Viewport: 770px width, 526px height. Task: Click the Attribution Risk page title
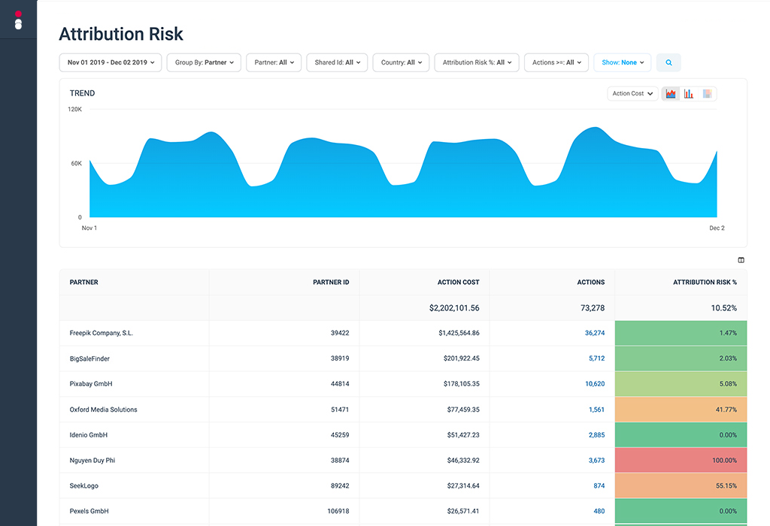[121, 34]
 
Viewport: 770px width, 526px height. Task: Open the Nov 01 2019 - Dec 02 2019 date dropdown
[111, 62]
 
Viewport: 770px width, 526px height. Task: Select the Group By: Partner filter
[204, 62]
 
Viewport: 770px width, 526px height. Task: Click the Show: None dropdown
[623, 62]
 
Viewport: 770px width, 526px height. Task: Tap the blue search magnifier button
[668, 62]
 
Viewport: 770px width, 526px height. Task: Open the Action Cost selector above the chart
[632, 94]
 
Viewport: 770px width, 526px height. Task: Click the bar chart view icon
[689, 94]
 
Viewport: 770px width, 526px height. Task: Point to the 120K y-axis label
[74, 110]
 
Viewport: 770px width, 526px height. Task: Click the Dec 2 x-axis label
[717, 228]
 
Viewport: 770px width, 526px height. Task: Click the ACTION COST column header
[458, 283]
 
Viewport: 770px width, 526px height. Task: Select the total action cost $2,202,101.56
[454, 308]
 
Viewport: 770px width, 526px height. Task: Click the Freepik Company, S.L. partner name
[102, 333]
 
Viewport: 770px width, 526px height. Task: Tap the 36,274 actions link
[594, 333]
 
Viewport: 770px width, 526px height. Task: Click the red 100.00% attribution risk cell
[681, 460]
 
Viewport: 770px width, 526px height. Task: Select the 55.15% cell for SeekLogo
[681, 485]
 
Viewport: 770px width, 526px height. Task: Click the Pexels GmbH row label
[89, 511]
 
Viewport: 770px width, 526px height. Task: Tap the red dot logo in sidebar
[18, 14]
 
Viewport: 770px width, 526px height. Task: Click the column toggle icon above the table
[741, 260]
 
